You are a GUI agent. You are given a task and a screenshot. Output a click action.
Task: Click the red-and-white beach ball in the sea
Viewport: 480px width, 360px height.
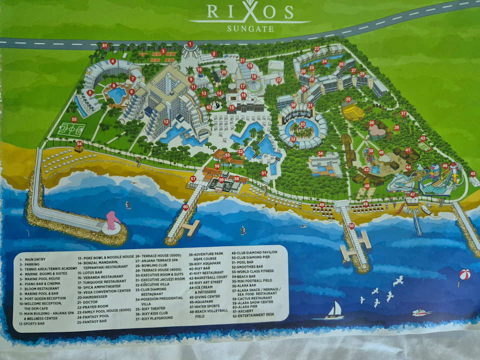[465, 274]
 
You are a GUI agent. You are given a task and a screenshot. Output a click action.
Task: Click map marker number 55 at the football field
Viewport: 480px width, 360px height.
[74, 119]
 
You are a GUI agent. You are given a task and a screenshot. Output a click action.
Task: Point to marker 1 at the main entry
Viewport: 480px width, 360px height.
[190, 44]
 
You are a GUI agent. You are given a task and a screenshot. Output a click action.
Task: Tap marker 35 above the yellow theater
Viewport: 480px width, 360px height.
[348, 99]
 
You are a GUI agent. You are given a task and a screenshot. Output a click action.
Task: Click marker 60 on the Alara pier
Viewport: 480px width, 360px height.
[185, 206]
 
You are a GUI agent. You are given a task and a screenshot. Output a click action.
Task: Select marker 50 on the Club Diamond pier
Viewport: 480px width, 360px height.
[351, 226]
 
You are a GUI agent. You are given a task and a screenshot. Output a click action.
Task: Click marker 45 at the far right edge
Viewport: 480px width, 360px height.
[473, 174]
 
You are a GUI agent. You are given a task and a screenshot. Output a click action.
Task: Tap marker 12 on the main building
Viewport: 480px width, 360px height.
[166, 121]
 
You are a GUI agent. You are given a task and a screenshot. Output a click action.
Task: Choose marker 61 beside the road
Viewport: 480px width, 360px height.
[104, 45]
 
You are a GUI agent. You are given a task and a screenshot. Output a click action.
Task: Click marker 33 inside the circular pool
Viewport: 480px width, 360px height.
[302, 124]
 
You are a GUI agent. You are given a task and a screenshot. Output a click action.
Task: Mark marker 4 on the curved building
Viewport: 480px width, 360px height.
[113, 62]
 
